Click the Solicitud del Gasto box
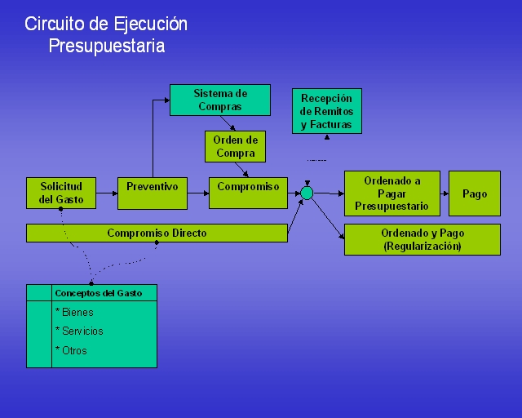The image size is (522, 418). coord(61,193)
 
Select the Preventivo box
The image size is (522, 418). coord(153,193)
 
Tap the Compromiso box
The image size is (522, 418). coord(248,193)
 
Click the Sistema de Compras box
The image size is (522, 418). coord(220,100)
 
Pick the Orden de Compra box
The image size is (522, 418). coord(236,147)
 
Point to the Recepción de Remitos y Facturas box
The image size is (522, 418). coord(327,111)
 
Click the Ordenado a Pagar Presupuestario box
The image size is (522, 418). coord(392,193)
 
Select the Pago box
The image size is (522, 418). coord(475,193)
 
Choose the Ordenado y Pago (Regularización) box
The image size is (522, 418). coord(422,240)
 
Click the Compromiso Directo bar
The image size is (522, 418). coord(157,233)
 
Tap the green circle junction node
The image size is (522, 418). coord(307,193)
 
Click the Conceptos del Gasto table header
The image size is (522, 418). coord(99,293)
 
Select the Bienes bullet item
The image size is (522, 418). coord(74,313)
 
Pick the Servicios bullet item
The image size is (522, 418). coord(79,331)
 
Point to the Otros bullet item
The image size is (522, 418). coord(71,350)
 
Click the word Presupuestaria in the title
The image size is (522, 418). coord(107,46)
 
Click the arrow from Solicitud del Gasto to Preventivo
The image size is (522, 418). coord(107,193)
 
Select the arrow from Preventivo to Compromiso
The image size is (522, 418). coord(198,193)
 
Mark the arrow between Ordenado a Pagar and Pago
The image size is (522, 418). coord(445,193)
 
